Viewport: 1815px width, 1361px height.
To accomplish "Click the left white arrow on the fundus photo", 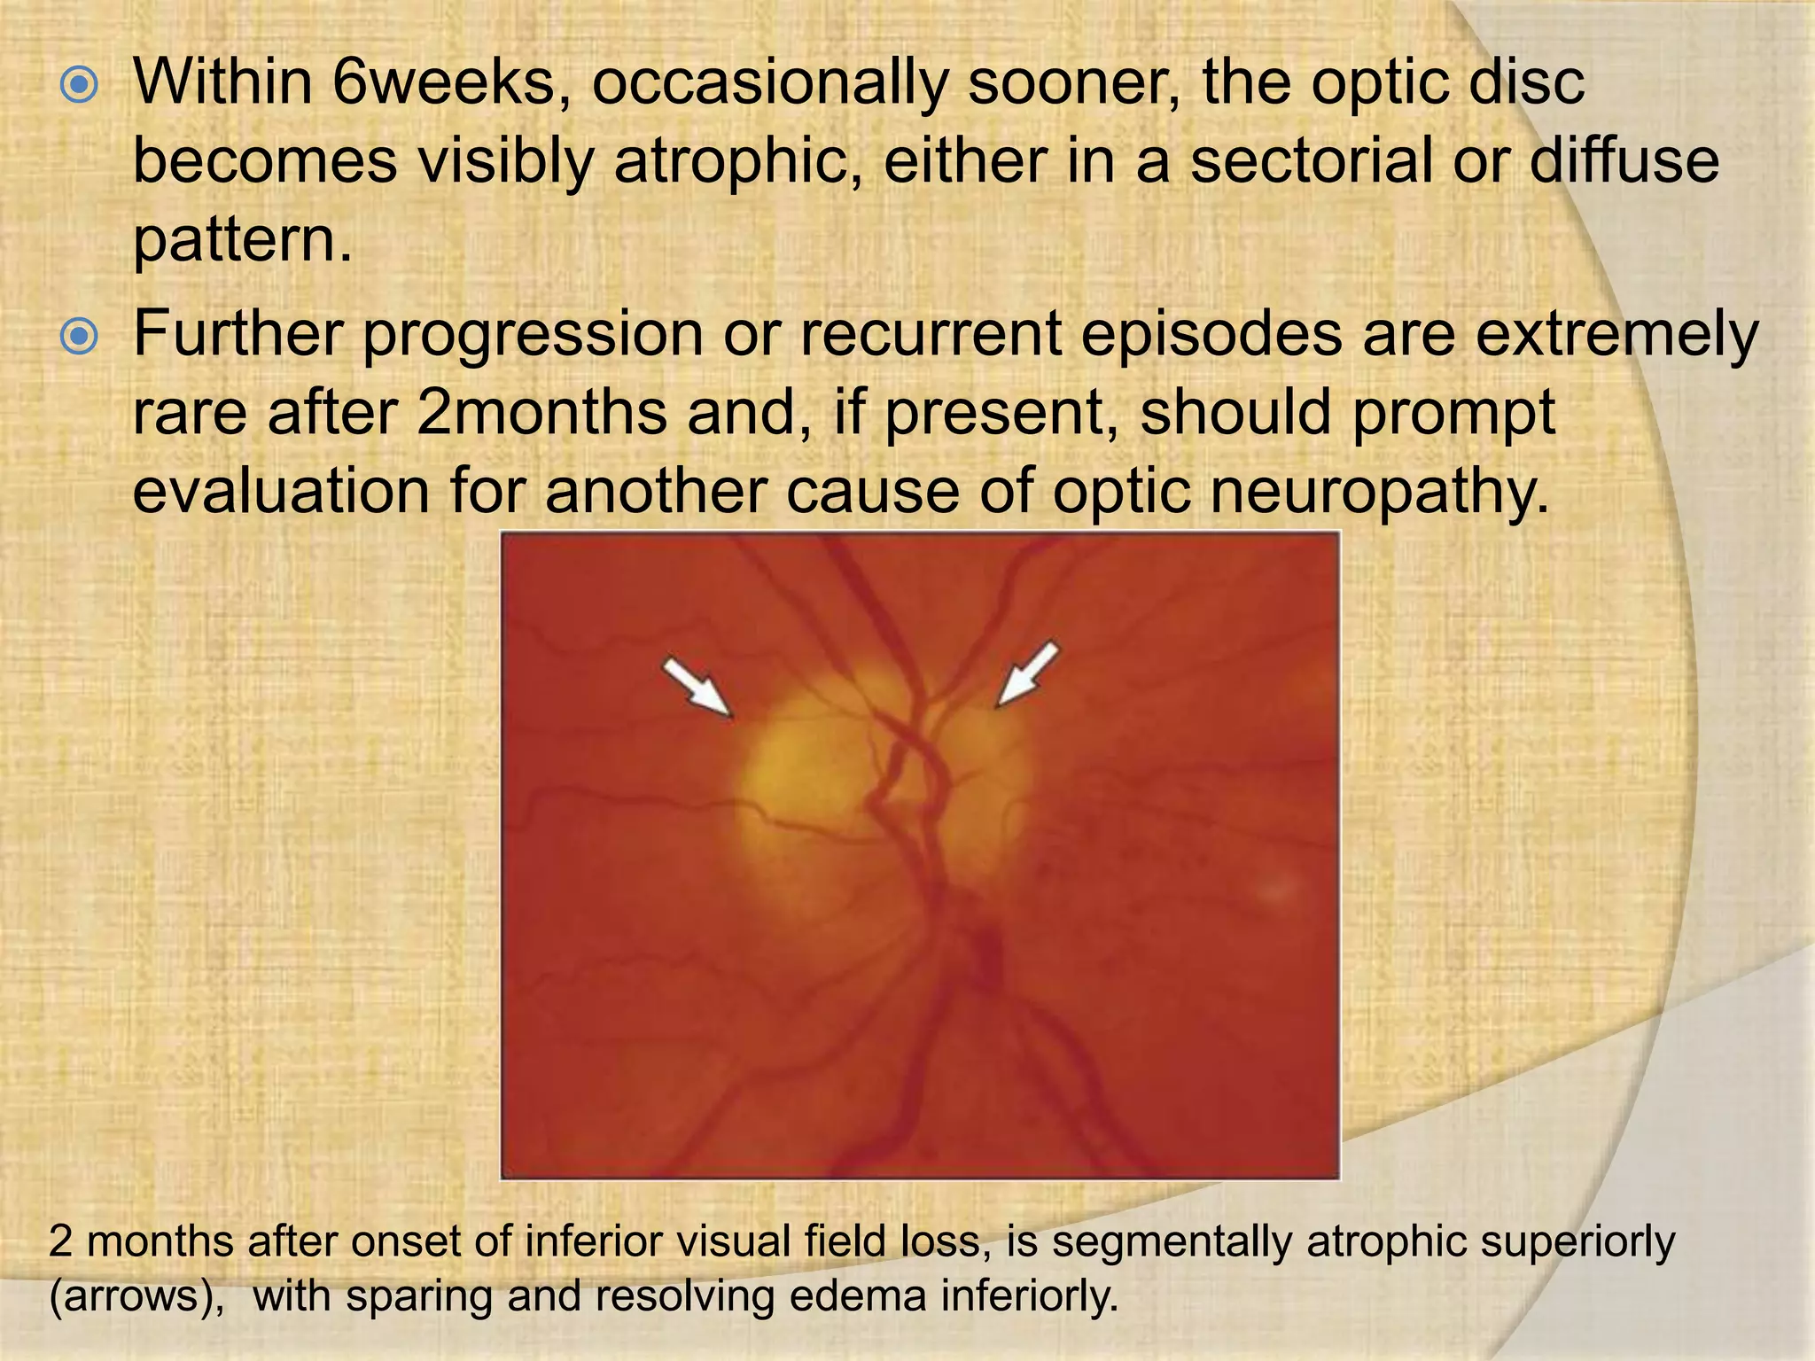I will click(698, 686).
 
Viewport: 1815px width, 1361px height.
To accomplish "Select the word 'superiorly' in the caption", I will click(1577, 1242).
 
